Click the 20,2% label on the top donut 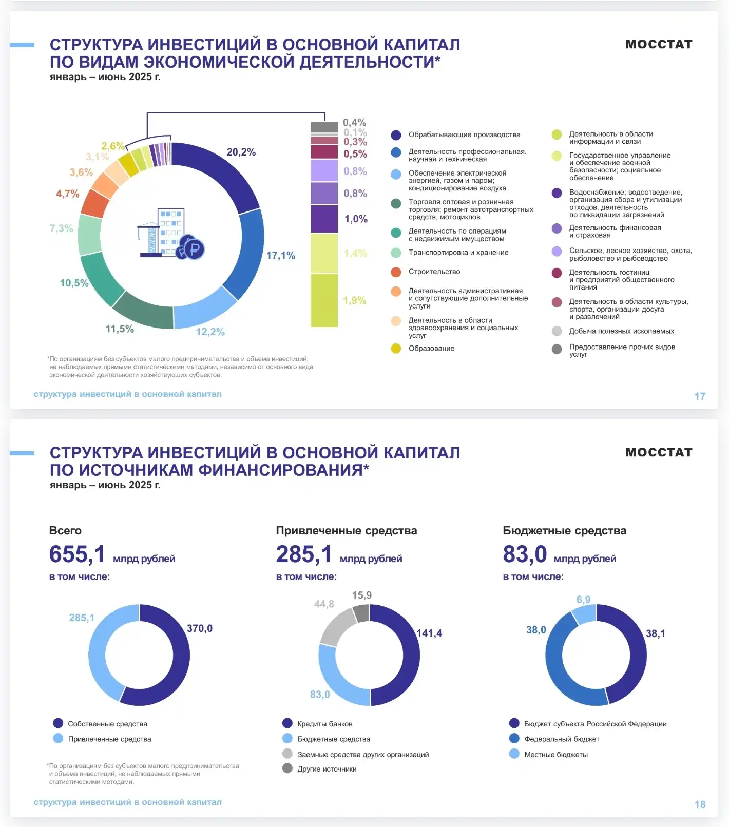(x=241, y=152)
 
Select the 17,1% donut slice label (x=280, y=255)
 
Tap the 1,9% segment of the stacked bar (x=324, y=300)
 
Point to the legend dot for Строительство (x=396, y=272)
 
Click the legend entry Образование (x=431, y=348)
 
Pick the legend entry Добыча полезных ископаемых (x=621, y=331)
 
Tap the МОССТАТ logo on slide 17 (x=659, y=44)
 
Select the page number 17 (x=700, y=396)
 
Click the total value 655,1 (x=77, y=554)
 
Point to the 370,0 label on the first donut (x=199, y=628)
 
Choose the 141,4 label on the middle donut (x=429, y=633)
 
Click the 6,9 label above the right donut (x=583, y=600)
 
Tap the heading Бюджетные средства (x=564, y=530)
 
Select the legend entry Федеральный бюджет (x=562, y=739)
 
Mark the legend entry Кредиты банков (x=324, y=724)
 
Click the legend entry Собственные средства (x=107, y=724)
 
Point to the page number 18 (x=700, y=804)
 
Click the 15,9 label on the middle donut (x=361, y=595)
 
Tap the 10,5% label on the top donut (x=74, y=283)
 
